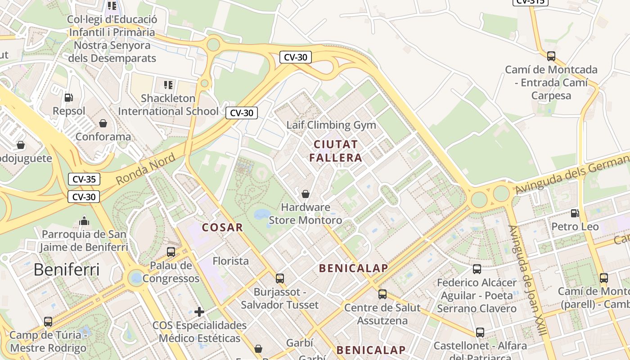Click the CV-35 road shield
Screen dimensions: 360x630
(84, 179)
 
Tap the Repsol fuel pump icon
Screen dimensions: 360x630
(68, 97)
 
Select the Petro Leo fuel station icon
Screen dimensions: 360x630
(575, 213)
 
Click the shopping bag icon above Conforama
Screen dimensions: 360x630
(103, 123)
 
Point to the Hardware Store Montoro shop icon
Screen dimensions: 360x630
(306, 194)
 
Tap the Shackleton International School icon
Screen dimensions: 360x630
(168, 85)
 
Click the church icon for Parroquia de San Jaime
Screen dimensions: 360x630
(84, 220)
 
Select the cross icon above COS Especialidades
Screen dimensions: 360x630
(199, 311)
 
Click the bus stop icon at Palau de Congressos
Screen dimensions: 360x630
(171, 252)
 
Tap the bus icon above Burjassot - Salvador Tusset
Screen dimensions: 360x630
(280, 278)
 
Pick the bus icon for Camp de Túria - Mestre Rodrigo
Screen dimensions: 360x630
(48, 321)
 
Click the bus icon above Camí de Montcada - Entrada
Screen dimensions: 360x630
(551, 56)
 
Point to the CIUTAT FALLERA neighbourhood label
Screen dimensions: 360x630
(336, 151)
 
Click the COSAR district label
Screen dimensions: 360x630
(222, 227)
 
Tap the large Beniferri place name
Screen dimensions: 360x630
(66, 270)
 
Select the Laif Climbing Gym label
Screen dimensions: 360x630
(331, 125)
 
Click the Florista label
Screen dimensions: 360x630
(230, 261)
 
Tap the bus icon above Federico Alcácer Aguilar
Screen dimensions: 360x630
(477, 269)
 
